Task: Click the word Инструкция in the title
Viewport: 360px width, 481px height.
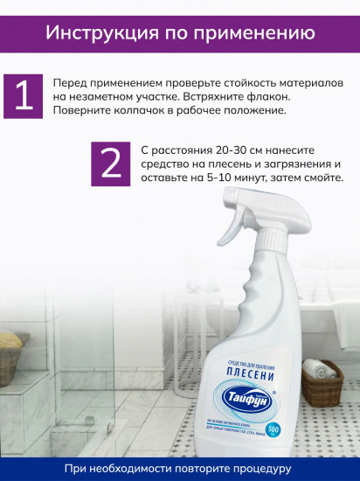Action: tap(95, 34)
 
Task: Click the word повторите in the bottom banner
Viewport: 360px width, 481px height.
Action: tap(191, 469)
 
